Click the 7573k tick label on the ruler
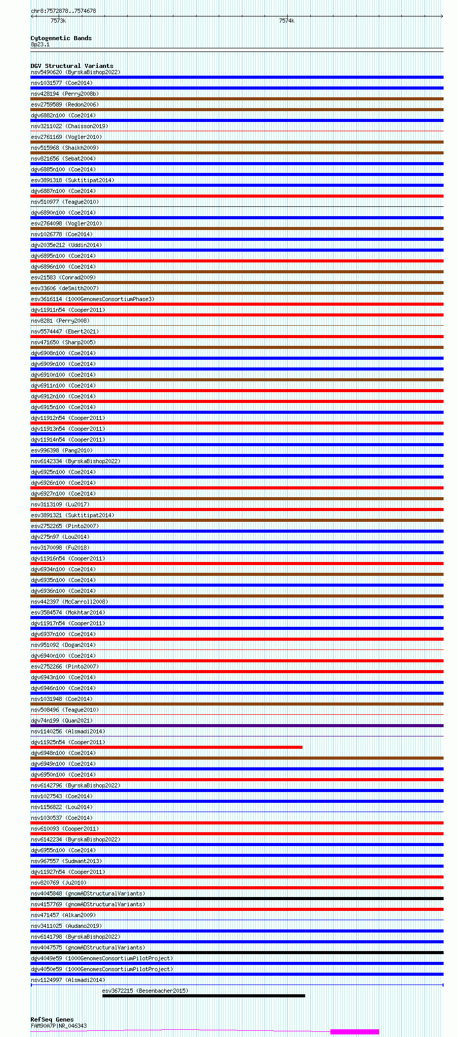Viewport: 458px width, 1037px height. (58, 21)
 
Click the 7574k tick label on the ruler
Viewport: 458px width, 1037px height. (287, 21)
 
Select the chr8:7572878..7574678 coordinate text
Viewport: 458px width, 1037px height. (63, 11)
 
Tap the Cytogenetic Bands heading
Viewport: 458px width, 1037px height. (61, 38)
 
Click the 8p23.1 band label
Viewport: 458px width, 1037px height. (40, 44)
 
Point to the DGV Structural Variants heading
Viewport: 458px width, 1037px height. (72, 66)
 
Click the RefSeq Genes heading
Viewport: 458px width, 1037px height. (52, 1019)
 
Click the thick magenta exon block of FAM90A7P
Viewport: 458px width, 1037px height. (355, 1031)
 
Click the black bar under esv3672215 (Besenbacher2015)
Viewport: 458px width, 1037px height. (203, 995)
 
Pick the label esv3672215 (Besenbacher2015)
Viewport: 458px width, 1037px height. (145, 990)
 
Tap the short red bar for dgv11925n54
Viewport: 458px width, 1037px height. (166, 747)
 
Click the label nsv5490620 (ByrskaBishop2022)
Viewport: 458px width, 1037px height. (76, 72)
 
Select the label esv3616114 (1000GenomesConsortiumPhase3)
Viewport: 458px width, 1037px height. (93, 299)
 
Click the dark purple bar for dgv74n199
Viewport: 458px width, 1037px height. (237, 725)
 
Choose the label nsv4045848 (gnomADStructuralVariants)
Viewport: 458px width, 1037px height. (88, 893)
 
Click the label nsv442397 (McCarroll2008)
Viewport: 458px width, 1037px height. (69, 602)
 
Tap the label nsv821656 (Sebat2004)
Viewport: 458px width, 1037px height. (63, 159)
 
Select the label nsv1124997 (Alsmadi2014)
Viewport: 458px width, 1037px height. (68, 980)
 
